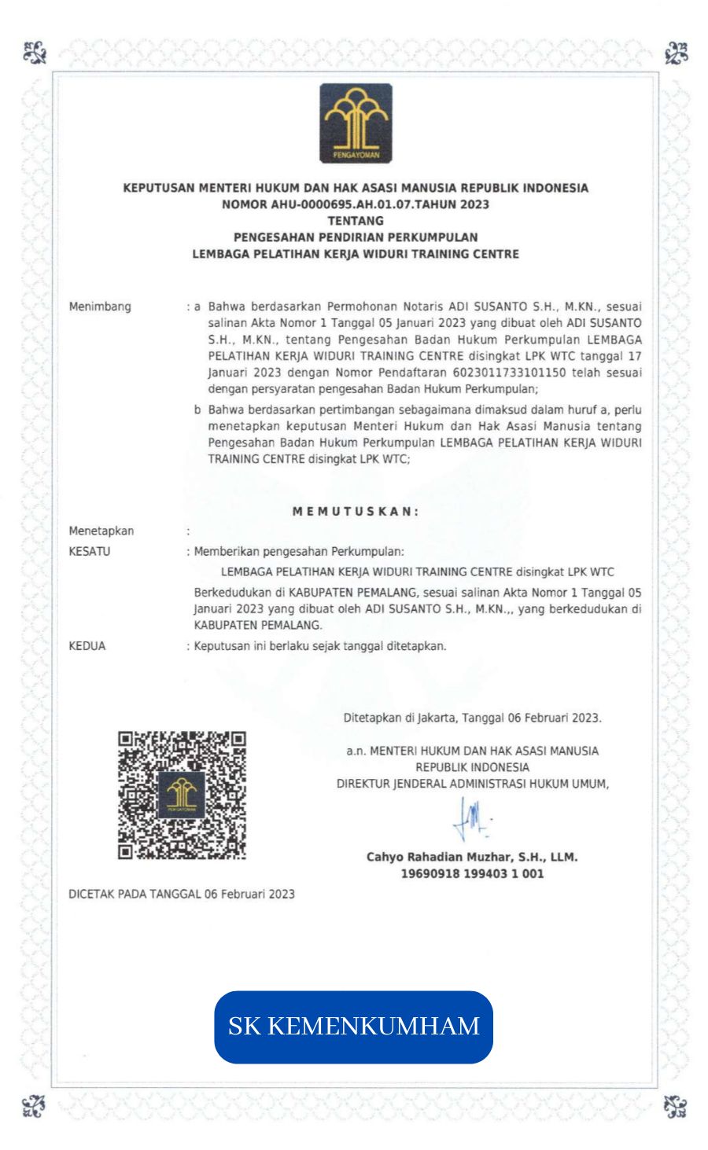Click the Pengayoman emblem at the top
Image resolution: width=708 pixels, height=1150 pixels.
coord(356,124)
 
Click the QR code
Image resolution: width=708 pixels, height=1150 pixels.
coord(182,794)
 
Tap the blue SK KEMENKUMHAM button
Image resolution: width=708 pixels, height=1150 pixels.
coord(353,1027)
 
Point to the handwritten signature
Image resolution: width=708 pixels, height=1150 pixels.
coord(471,824)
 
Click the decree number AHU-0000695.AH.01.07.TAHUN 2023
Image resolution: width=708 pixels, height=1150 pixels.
coord(356,204)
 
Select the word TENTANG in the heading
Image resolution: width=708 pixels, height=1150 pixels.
coord(356,221)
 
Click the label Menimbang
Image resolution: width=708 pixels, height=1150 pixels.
coord(100,307)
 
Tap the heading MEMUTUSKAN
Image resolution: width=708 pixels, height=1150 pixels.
coord(356,511)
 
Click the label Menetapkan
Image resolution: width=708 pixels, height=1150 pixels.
coord(101,531)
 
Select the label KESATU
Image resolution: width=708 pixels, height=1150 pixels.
coord(90,551)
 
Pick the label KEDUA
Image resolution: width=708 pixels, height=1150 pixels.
coord(87,646)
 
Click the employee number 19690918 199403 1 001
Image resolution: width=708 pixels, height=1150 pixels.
coord(472,873)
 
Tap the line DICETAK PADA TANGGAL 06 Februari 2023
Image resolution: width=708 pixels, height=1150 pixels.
coord(182,894)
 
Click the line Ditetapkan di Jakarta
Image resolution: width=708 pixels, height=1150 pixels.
coord(472,718)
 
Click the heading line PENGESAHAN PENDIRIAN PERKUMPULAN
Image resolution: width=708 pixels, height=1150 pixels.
coord(356,237)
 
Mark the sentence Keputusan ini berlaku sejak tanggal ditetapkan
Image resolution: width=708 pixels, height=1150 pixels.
coord(320,646)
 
